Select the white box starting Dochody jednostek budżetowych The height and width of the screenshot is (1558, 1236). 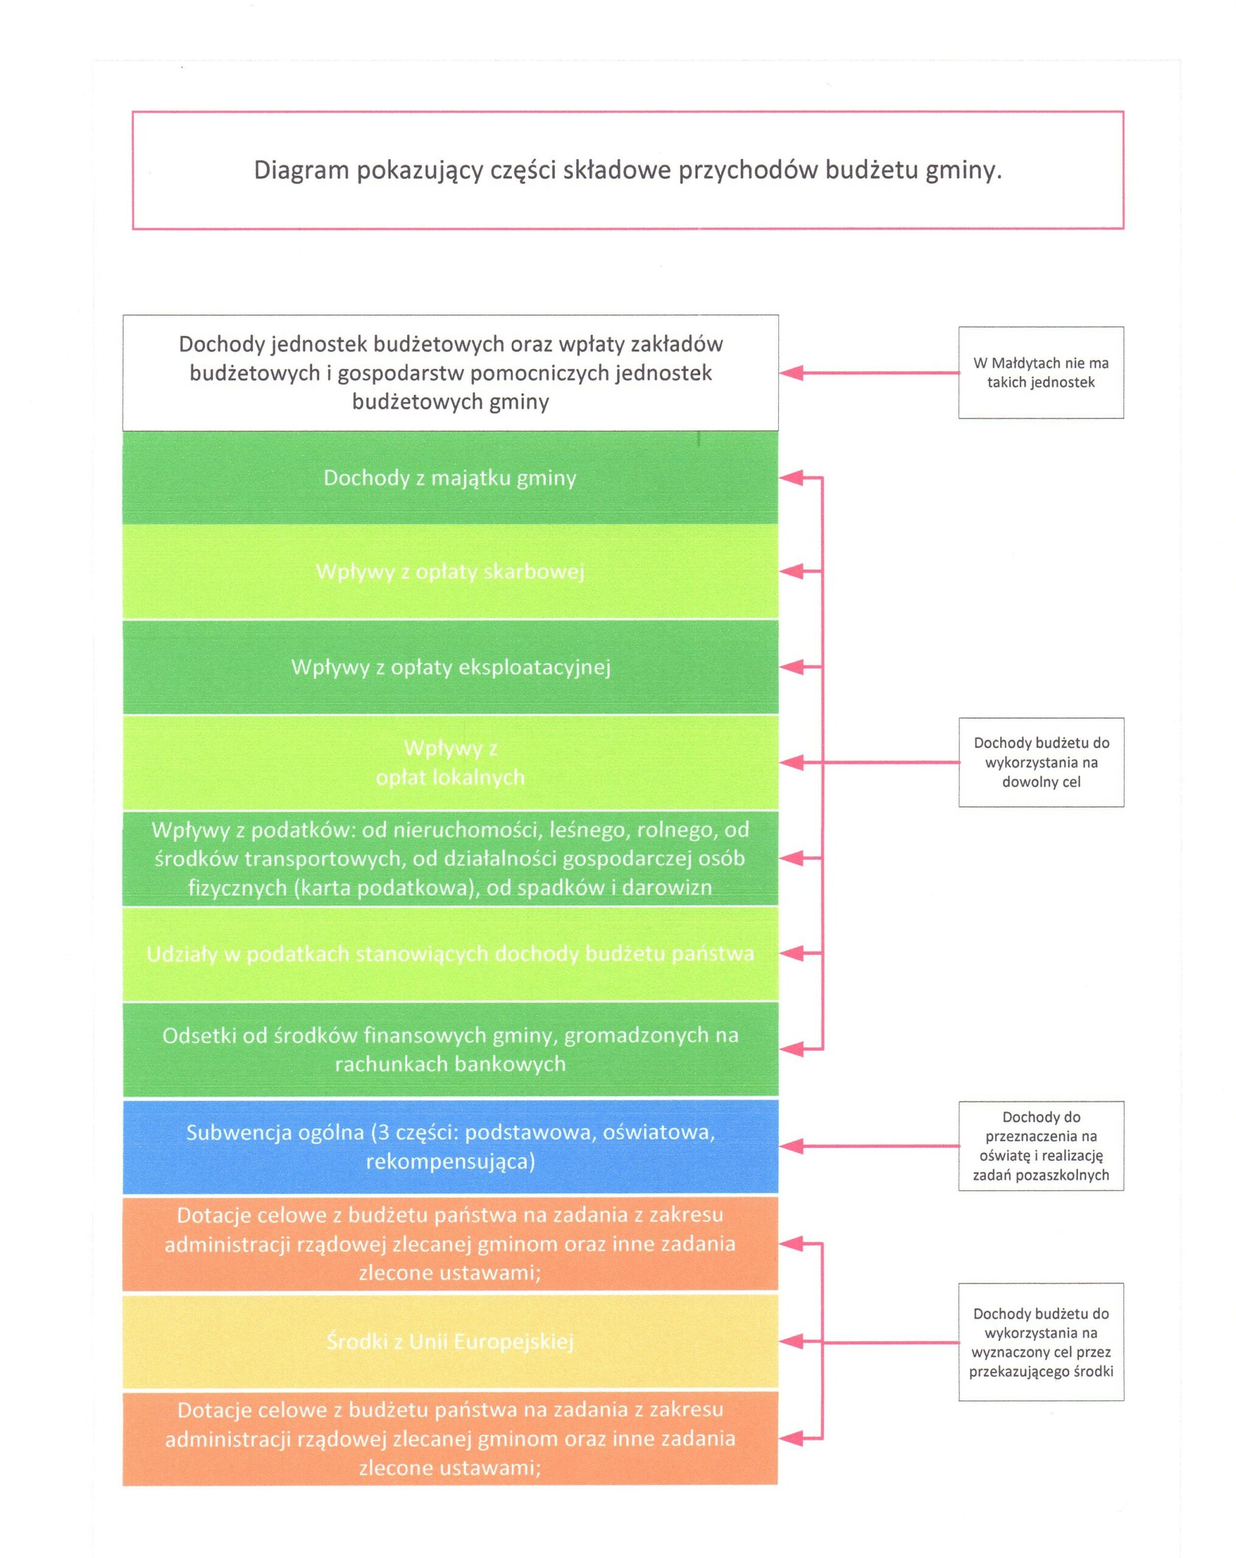[x=450, y=373]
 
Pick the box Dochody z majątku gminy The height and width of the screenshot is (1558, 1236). [x=450, y=478]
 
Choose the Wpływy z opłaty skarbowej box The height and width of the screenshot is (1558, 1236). [x=450, y=571]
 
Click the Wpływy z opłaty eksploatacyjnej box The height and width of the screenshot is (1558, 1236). [x=450, y=667]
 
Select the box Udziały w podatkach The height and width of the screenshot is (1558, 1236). [x=450, y=954]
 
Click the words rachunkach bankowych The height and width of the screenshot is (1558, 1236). [x=450, y=1064]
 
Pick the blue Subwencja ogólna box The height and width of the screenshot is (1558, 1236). [x=450, y=1146]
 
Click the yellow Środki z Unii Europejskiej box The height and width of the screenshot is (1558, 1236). [x=450, y=1341]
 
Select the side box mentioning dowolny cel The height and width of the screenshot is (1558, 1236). [x=1041, y=762]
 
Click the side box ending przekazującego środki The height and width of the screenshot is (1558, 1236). [x=1041, y=1342]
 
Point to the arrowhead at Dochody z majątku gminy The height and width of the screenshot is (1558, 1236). [x=791, y=478]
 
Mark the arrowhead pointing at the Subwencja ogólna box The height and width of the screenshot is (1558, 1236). [x=791, y=1146]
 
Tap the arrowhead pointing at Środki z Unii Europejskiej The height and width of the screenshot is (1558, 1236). [x=791, y=1342]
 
